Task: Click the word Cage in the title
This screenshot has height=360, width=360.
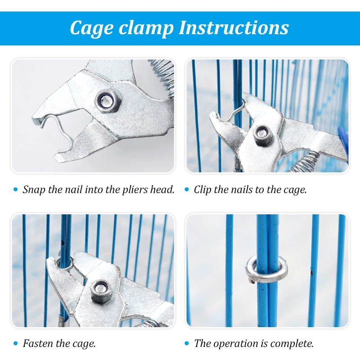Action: (92, 28)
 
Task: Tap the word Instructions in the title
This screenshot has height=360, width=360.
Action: (234, 27)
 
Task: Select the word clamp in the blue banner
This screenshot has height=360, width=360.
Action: (146, 28)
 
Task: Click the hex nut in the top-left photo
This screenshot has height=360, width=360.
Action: (106, 100)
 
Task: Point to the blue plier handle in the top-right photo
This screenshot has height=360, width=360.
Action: (343, 143)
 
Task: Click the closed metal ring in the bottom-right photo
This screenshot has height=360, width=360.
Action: (266, 269)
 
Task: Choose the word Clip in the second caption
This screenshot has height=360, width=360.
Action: (202, 190)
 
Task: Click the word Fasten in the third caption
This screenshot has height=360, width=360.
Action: (38, 343)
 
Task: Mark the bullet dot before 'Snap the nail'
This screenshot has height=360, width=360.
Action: (16, 189)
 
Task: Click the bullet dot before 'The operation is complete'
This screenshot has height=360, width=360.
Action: (187, 343)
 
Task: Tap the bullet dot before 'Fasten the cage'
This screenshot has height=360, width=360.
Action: (16, 343)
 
